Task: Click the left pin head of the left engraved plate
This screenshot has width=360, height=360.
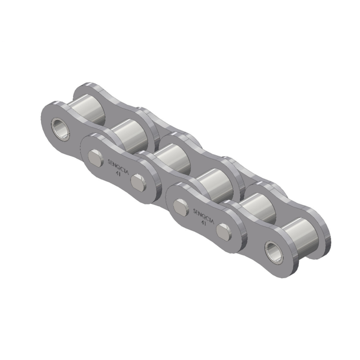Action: coord(95,157)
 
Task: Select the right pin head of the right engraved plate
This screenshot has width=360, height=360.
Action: coord(223,231)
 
